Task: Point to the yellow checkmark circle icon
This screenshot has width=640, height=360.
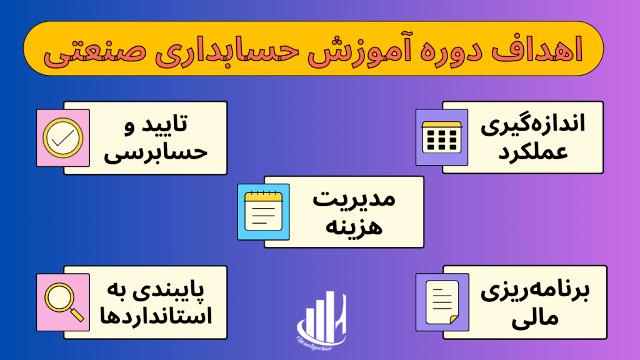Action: pos(63,138)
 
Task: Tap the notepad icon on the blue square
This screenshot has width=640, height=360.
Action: pos(263,212)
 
